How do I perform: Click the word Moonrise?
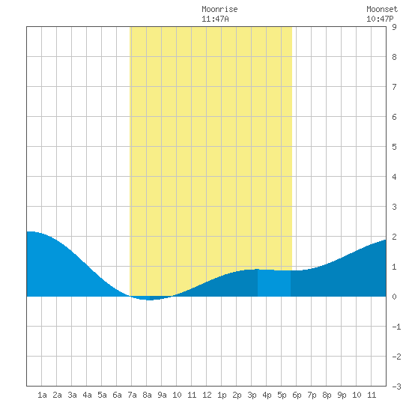tap(219, 9)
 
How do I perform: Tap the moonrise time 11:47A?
tap(215, 19)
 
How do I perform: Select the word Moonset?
tap(382, 9)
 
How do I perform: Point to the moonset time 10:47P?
tap(380, 19)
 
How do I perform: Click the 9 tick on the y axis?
tap(394, 27)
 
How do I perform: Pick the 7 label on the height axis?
tap(394, 87)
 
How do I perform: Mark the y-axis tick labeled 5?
tap(394, 147)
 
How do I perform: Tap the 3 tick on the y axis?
tap(394, 207)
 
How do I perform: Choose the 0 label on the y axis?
tap(394, 297)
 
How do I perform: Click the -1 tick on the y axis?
tap(396, 327)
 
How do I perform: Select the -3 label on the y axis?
tap(396, 387)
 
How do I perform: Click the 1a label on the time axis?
tap(42, 395)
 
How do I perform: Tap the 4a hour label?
tap(87, 395)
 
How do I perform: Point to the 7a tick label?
tap(132, 395)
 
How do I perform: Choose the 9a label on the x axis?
tap(162, 395)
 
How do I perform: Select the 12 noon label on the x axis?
tap(207, 395)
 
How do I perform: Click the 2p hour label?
tap(237, 395)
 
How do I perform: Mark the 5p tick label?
tap(282, 395)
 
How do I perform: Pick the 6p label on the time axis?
tap(297, 395)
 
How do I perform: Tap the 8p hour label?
tap(327, 395)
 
